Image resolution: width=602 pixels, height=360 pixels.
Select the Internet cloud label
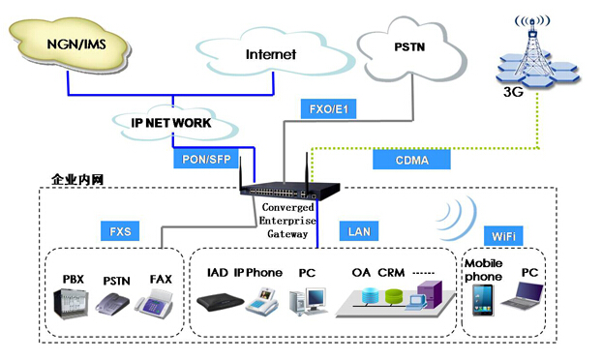click(270, 54)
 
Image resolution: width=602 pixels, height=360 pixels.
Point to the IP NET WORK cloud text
click(171, 123)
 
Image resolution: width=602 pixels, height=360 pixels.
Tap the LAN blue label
click(360, 231)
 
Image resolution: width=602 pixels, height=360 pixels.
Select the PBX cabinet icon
click(71, 308)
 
